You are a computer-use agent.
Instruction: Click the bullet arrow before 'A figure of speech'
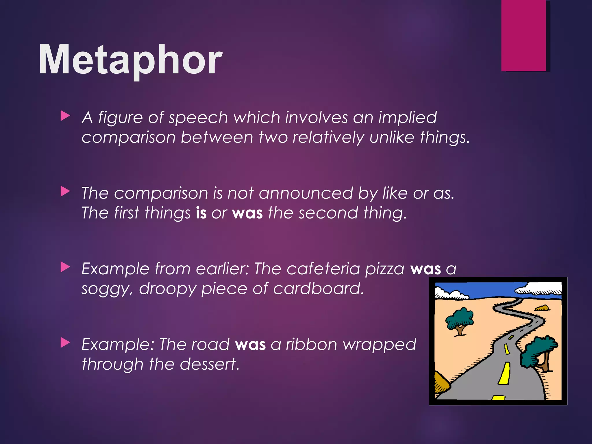[x=65, y=116]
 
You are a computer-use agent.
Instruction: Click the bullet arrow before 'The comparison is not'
[x=65, y=191]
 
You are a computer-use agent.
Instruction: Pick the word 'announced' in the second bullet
[x=306, y=193]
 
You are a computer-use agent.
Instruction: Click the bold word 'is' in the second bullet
[x=201, y=213]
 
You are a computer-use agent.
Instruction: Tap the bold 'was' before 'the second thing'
[x=247, y=213]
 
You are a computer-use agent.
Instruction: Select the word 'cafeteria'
[x=323, y=269]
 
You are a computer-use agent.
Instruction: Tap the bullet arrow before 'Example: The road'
[x=65, y=343]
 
